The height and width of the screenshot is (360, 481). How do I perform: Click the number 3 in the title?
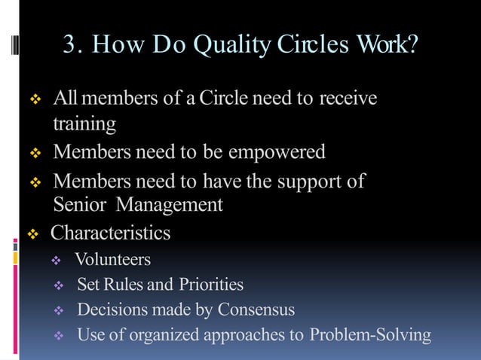click(71, 45)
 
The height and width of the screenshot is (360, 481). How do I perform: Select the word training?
click(84, 124)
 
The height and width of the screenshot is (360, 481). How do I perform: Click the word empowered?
click(277, 153)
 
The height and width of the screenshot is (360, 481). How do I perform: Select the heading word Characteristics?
click(111, 233)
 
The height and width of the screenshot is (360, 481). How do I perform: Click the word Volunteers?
click(113, 260)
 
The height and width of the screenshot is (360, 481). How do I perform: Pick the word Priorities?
click(211, 285)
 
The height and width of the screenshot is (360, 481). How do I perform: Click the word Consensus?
click(256, 310)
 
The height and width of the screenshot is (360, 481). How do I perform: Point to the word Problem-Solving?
click(370, 334)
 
